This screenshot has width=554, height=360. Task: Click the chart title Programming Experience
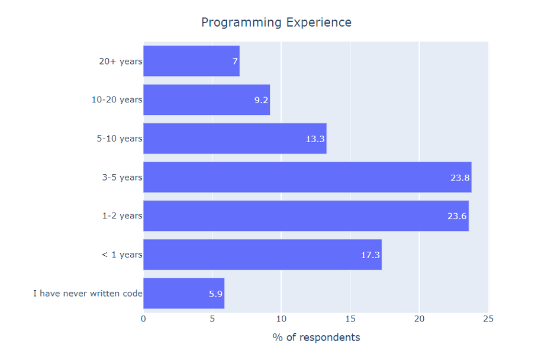pos(276,22)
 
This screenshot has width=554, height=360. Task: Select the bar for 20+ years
pos(192,61)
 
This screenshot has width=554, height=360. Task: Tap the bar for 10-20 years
pos(207,99)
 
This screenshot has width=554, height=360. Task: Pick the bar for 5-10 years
pos(235,139)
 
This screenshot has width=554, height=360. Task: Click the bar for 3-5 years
pos(307,177)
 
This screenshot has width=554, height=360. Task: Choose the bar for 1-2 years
pos(306,216)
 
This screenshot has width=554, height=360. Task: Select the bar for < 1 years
pos(263,255)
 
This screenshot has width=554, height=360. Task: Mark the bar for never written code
pos(183,293)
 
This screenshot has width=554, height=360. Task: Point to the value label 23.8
pos(460,178)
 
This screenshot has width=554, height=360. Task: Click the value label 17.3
pos(371,255)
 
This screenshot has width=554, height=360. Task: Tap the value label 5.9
pos(215,294)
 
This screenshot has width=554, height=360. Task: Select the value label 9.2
pos(261,100)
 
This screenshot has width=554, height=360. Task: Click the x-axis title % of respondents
pos(316,337)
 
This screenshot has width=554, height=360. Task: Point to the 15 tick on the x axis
pos(350,319)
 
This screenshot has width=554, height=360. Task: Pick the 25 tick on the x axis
pos(488,319)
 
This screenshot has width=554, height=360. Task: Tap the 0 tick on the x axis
pos(143,319)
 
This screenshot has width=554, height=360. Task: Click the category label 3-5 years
pos(123,178)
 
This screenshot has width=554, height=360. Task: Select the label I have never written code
pos(88,294)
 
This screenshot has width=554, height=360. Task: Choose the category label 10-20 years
pos(117,99)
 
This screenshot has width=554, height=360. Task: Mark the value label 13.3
pos(315,139)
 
